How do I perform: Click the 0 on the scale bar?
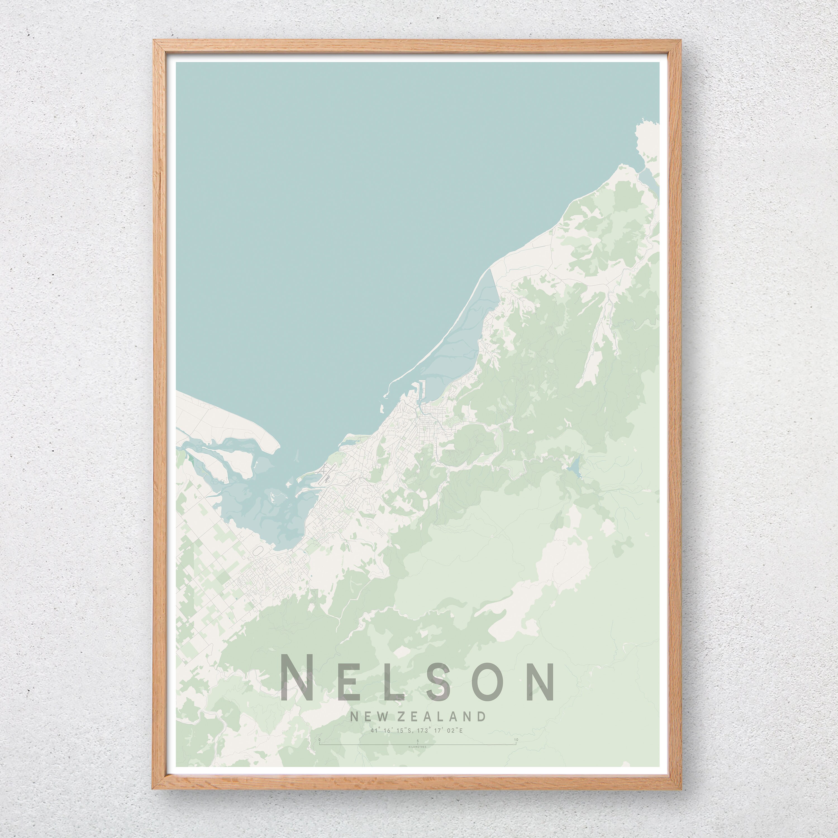click(x=320, y=740)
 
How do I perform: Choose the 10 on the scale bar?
click(x=516, y=740)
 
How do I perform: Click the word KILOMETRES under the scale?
click(x=417, y=747)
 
